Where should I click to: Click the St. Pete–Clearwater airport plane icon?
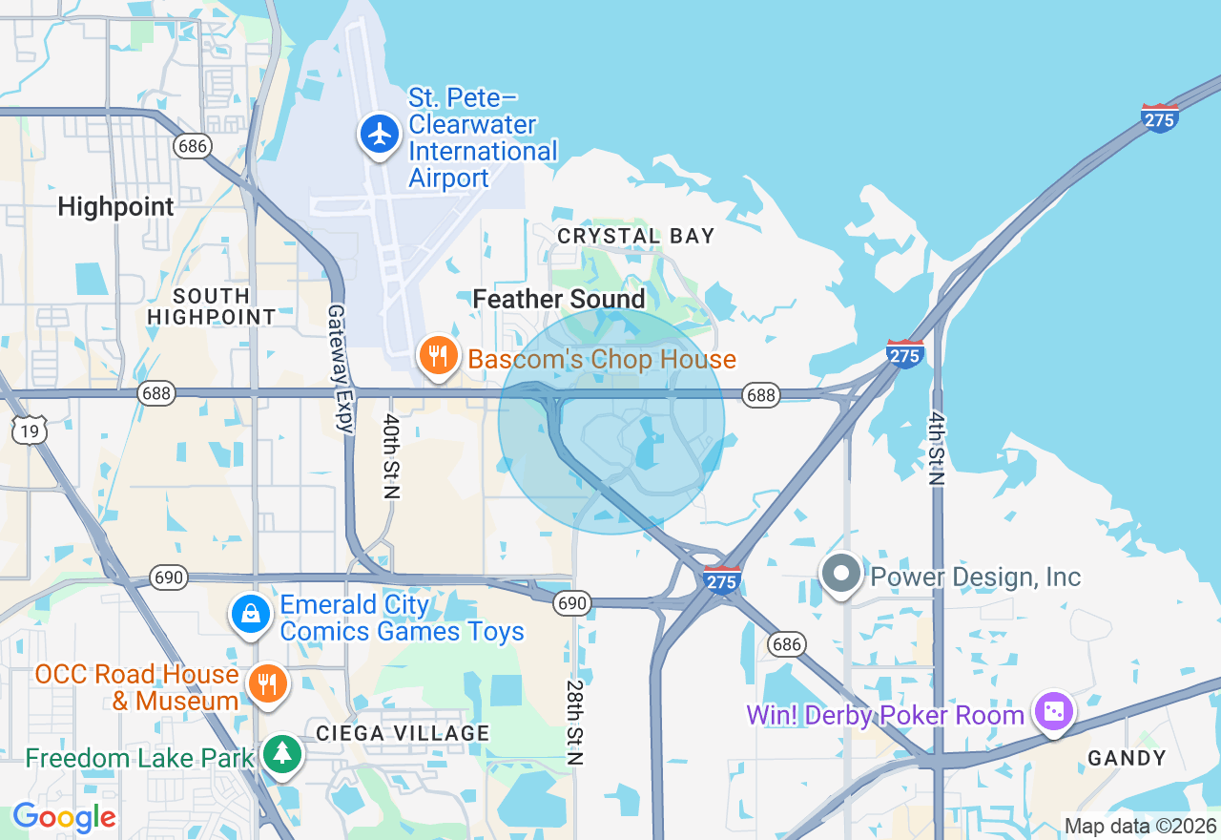point(381,135)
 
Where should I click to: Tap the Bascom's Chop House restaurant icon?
point(438,355)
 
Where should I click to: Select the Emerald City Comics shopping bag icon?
point(251,615)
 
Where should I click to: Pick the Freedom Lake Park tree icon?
point(281,754)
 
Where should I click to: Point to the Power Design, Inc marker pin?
point(841,575)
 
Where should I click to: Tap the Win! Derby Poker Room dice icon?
point(1054,712)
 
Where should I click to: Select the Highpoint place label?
point(116,206)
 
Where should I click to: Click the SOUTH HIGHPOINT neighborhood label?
point(212,306)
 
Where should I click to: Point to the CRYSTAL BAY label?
point(636,236)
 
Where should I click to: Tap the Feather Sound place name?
point(559,299)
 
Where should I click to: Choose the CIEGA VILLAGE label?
point(403,733)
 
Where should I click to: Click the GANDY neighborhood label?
point(1128,758)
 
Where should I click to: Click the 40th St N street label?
point(390,455)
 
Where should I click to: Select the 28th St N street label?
point(574,722)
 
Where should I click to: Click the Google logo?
point(64,817)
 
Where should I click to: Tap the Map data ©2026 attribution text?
point(1140,826)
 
